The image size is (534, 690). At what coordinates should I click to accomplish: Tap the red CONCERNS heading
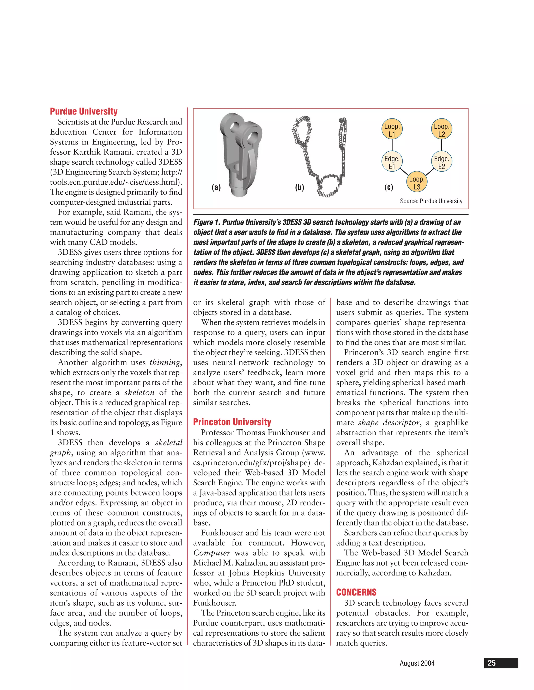click(x=356, y=592)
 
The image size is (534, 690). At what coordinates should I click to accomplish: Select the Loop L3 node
click(x=417, y=183)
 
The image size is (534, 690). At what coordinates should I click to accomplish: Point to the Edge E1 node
click(x=392, y=162)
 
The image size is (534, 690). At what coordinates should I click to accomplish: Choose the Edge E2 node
click(x=442, y=162)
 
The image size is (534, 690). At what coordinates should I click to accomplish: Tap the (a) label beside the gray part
click(x=216, y=187)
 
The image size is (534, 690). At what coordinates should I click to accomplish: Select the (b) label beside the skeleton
click(x=299, y=187)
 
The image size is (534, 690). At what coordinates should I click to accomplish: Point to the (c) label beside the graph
click(x=389, y=187)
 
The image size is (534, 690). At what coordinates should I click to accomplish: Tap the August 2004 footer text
click(x=417, y=663)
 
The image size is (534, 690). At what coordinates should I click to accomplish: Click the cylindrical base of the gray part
click(x=239, y=191)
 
